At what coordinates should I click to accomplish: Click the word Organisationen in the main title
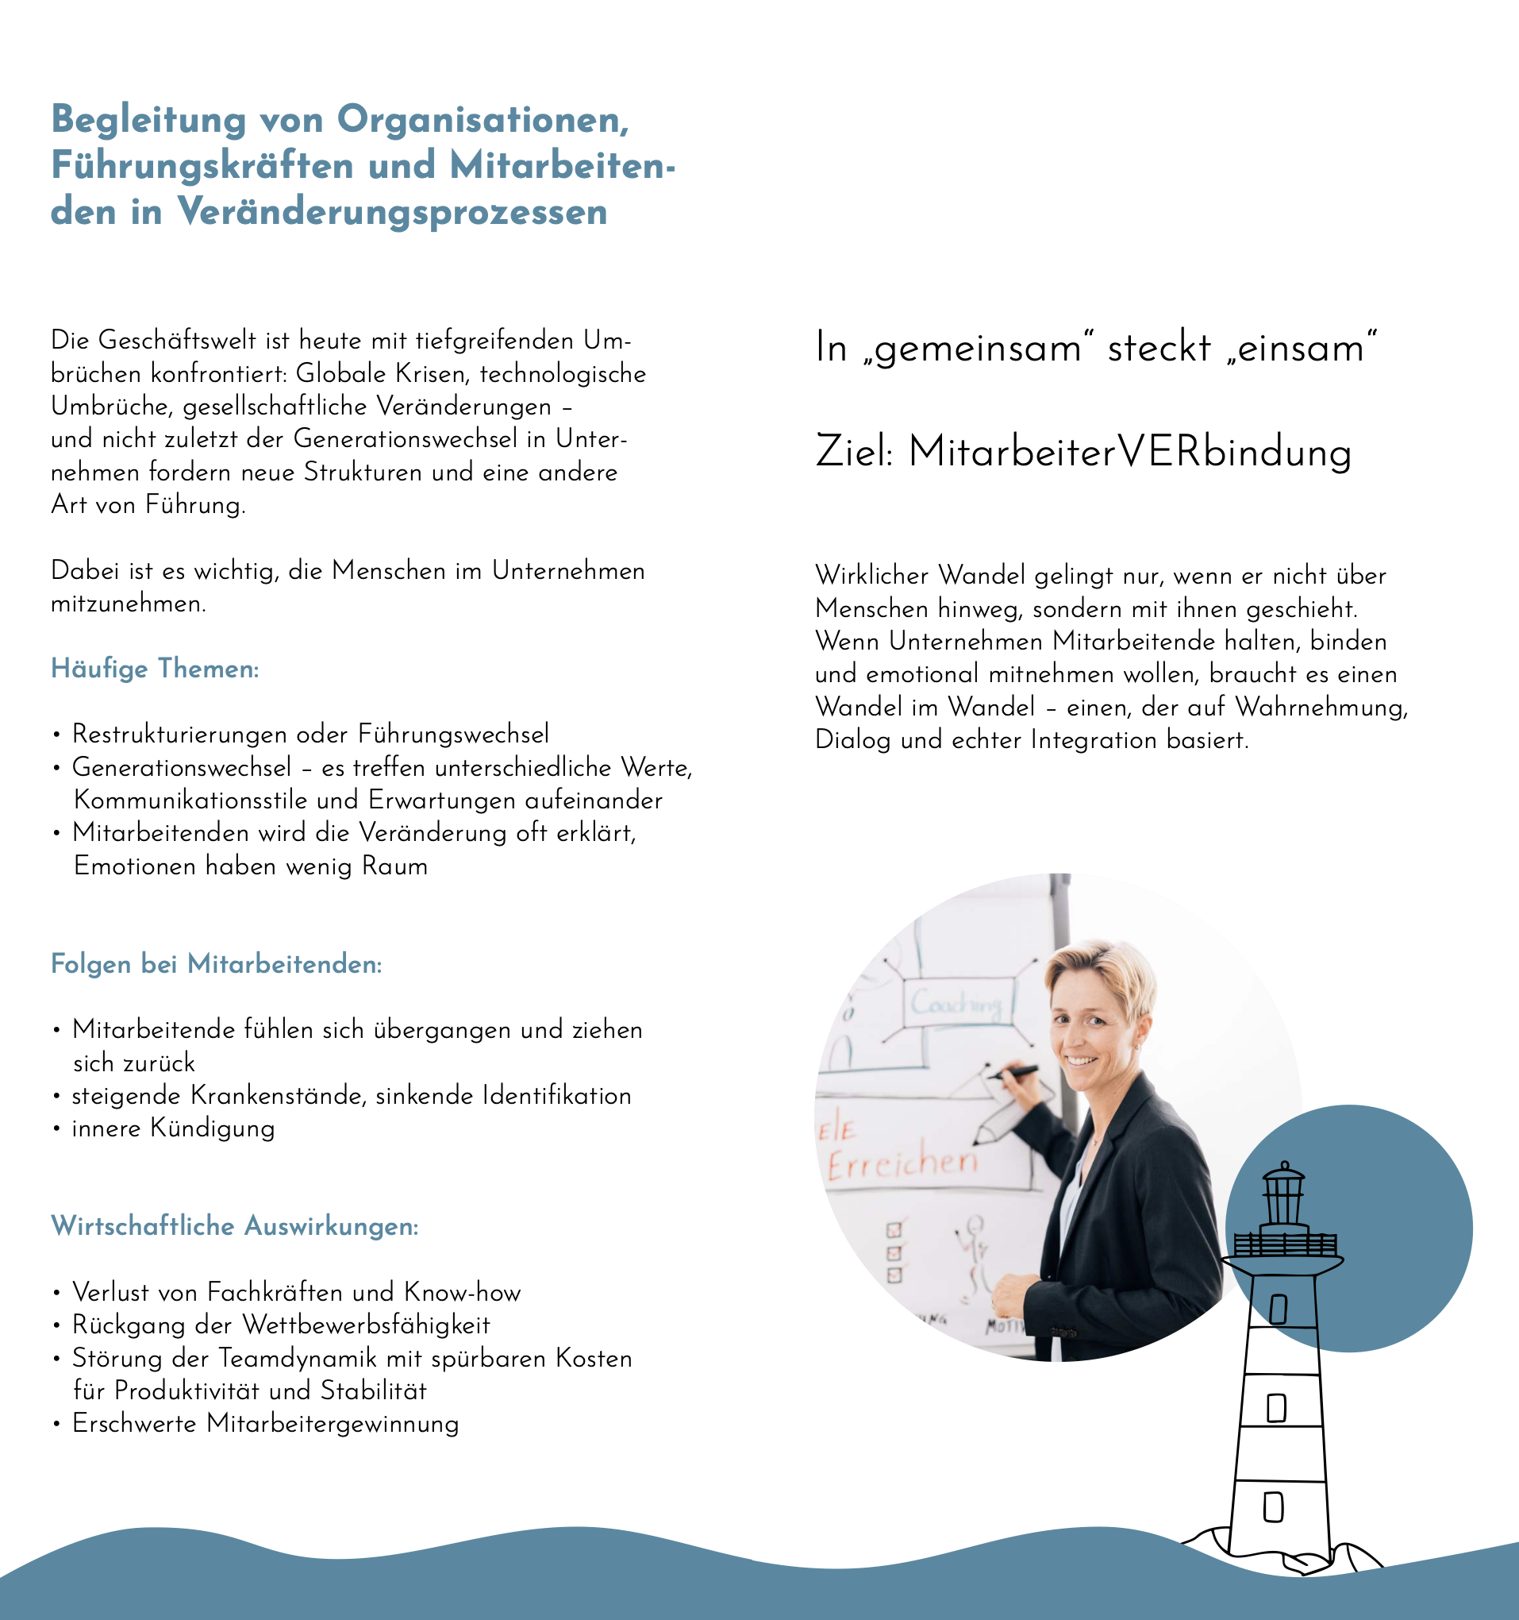click(x=483, y=120)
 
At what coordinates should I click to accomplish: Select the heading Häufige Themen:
click(x=155, y=669)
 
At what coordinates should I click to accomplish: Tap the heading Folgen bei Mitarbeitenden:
click(x=216, y=965)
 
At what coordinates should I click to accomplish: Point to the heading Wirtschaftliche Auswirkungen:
click(x=235, y=1226)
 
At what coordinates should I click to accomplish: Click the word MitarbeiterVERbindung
click(x=1129, y=453)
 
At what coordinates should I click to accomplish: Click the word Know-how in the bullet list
click(x=462, y=1292)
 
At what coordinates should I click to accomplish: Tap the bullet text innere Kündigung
click(x=174, y=1128)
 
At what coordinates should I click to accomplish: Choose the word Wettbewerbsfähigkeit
click(x=367, y=1325)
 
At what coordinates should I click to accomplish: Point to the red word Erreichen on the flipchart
click(x=902, y=1163)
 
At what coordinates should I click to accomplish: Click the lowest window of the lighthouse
click(x=1273, y=1506)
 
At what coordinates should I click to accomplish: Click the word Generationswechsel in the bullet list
click(x=182, y=768)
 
